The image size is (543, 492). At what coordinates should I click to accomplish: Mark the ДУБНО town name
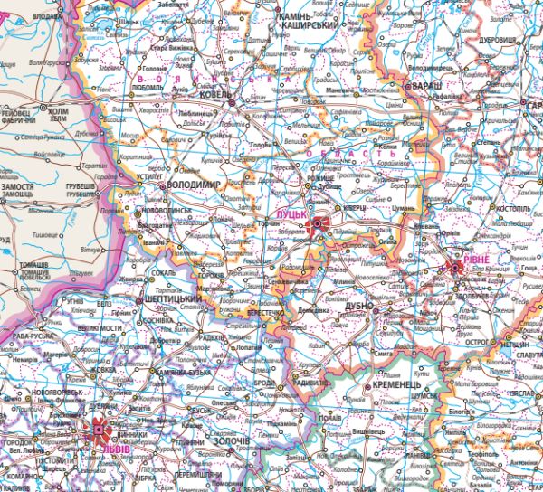pos(361,307)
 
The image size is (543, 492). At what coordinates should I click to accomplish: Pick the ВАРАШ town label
pos(423,85)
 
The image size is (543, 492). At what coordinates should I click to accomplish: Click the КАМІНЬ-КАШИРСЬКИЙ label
pos(310,22)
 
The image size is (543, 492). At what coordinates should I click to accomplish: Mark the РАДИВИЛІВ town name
pos(315,383)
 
